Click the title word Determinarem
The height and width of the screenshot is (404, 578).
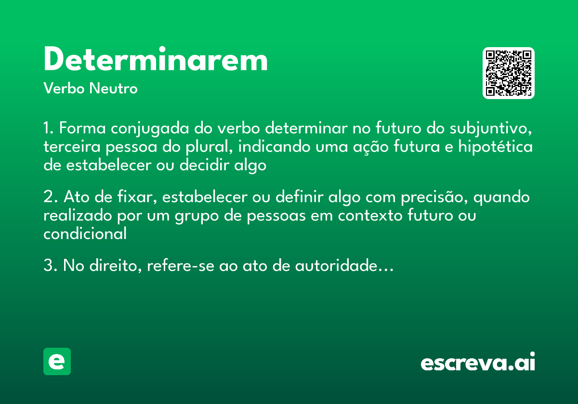tap(156, 60)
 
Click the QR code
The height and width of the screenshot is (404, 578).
tap(509, 73)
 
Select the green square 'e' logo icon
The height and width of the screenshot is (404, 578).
tap(57, 361)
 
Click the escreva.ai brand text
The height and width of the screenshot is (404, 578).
tap(478, 363)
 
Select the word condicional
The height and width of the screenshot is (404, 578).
tap(85, 234)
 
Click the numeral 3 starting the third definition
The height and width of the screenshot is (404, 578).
tap(48, 266)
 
